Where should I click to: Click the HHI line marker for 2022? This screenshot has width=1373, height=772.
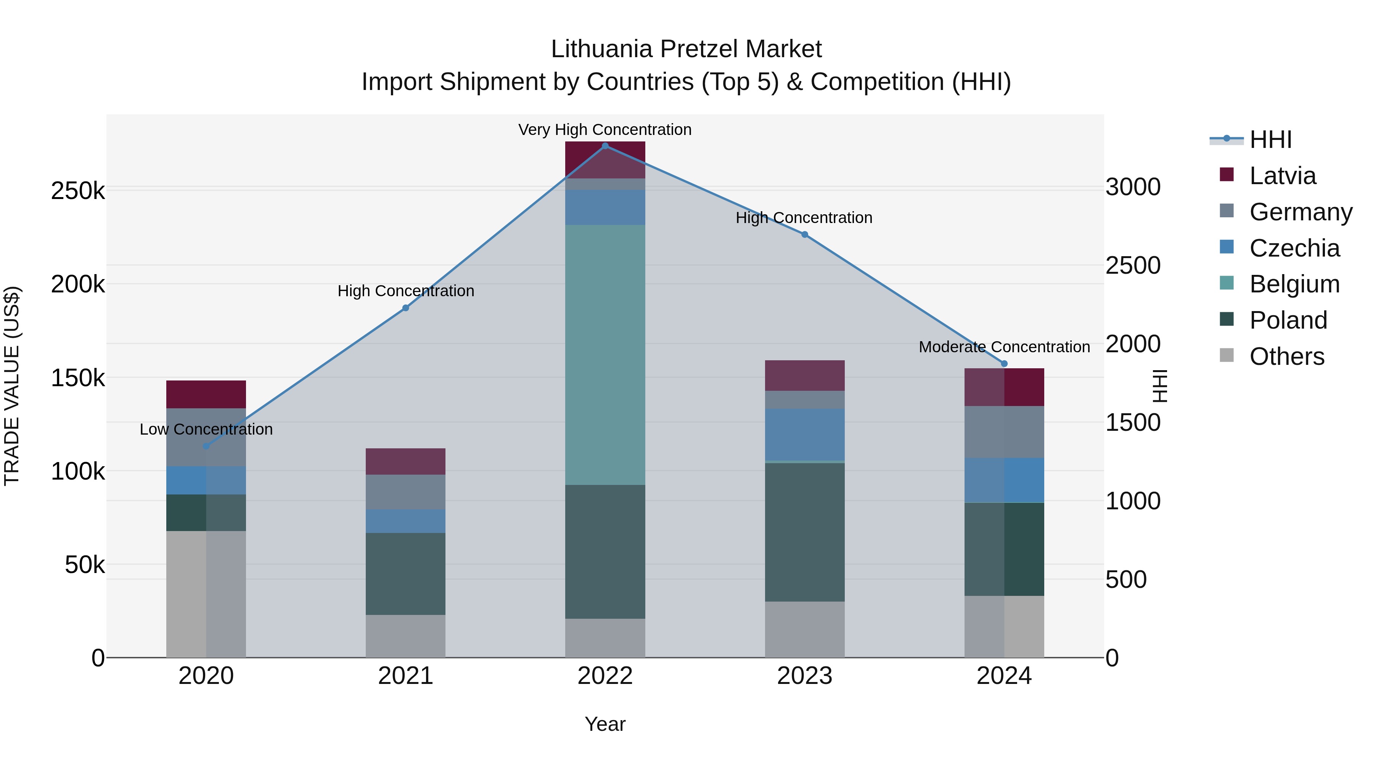click(605, 146)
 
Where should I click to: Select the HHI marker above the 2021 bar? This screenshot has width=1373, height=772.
click(406, 308)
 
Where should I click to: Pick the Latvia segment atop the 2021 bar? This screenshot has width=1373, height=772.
click(406, 461)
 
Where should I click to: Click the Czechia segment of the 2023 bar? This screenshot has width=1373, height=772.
click(805, 434)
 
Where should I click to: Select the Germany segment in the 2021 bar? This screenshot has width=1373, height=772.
click(406, 492)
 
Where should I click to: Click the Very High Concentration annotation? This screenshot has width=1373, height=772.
click(605, 130)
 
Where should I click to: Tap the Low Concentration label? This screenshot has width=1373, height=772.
click(206, 429)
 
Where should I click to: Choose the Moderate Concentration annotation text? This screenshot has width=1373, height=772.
click(1004, 347)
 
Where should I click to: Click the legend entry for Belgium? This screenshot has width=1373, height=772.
click(1294, 284)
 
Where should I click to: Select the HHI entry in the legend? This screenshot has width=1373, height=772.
click(1270, 140)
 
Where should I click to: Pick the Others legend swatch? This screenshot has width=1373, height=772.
click(1227, 355)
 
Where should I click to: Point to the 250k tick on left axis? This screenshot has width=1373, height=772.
click(78, 191)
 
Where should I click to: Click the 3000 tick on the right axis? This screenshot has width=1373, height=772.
click(1133, 187)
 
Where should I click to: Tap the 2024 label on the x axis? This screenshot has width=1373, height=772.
click(1004, 676)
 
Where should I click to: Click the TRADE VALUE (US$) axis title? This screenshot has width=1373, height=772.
click(12, 386)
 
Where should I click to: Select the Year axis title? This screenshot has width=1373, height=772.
click(605, 724)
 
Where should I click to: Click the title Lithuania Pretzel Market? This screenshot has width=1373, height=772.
click(686, 49)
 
